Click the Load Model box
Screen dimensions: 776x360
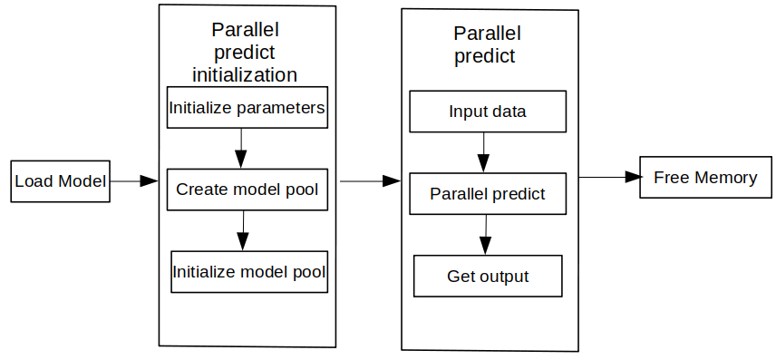tap(61, 181)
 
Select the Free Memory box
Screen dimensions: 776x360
tap(705, 177)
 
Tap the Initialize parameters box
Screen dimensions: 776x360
tap(247, 108)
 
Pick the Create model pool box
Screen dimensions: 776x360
tap(247, 190)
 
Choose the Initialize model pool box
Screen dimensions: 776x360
tap(249, 272)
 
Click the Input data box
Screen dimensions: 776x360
tap(488, 112)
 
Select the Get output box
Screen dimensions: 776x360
tap(488, 276)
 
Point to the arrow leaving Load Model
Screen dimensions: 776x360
tap(133, 181)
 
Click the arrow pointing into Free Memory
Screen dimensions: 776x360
tap(609, 177)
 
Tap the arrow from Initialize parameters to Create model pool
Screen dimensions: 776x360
tap(241, 149)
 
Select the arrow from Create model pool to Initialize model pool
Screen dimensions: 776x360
tap(243, 230)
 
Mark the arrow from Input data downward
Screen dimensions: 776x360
tap(483, 152)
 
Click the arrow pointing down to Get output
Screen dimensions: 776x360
tap(486, 235)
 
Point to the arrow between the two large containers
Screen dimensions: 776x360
tap(370, 181)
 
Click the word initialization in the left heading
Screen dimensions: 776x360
tap(245, 74)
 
